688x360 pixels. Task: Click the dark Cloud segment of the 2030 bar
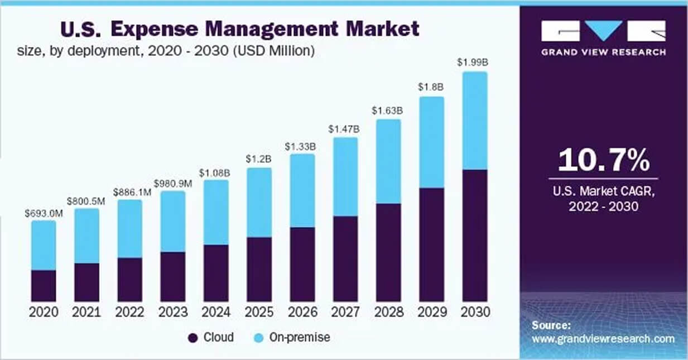tap(475, 235)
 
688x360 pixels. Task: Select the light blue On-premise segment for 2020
tap(44, 245)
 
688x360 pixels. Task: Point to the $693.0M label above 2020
tap(44, 212)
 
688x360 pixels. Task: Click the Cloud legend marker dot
tap(194, 338)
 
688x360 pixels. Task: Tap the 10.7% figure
tap(603, 160)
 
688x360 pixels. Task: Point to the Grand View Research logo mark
tap(603, 31)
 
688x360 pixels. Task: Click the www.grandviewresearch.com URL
tap(603, 339)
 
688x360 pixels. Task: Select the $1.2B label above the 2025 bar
tap(259, 159)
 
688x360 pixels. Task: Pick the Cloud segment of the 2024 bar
tap(216, 273)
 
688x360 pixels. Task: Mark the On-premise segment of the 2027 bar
tap(345, 176)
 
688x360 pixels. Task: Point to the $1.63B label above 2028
tap(388, 111)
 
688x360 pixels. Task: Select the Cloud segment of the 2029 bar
tap(431, 244)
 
